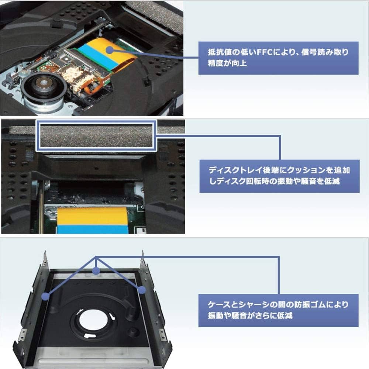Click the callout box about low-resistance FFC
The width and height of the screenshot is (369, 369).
pyautogui.click(x=278, y=58)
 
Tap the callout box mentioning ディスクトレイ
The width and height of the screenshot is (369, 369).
pyautogui.click(x=279, y=176)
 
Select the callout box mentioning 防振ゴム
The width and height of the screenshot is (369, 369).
pyautogui.click(x=278, y=310)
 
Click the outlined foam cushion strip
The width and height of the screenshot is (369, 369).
pyautogui.click(x=96, y=135)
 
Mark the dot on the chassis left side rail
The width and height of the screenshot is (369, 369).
pyautogui.click(x=45, y=296)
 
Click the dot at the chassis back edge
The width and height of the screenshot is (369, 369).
pyautogui.click(x=97, y=271)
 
